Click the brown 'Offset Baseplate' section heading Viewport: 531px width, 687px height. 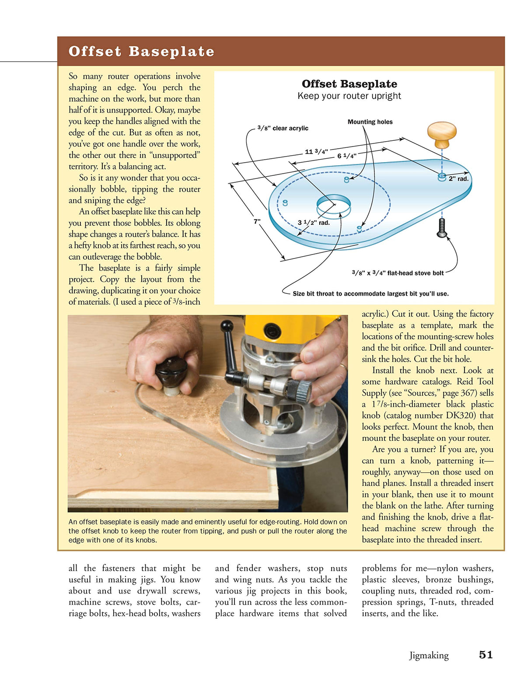coord(141,51)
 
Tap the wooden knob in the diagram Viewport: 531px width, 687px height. coord(442,134)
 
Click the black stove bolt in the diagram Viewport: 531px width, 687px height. coord(442,228)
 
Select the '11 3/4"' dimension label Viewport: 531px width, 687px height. coord(316,152)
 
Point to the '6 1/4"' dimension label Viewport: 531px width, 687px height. coord(346,156)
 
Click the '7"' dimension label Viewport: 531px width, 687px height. coord(257,221)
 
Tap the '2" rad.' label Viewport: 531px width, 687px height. coord(458,179)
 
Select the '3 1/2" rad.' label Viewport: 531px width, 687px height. coord(313,223)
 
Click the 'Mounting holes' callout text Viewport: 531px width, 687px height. coord(370,122)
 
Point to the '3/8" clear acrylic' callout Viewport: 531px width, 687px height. coord(283,128)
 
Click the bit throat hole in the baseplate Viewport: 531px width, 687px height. coord(333,204)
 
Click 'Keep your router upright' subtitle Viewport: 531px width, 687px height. coord(349,96)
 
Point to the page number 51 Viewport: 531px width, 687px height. coord(486,655)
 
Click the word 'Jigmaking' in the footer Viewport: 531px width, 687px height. coord(429,655)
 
